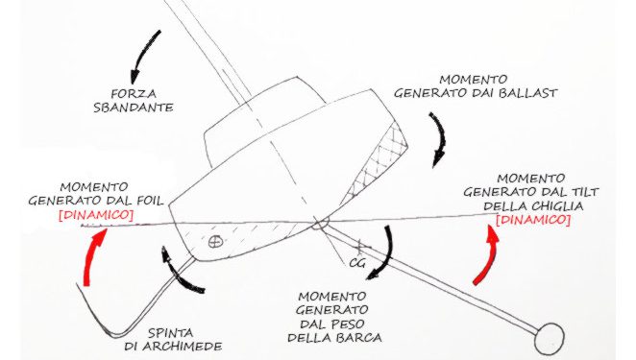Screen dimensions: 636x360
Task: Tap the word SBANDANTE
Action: tap(134, 108)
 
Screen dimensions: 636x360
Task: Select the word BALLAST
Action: tap(527, 93)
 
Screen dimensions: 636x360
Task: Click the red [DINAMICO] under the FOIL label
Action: tap(96, 215)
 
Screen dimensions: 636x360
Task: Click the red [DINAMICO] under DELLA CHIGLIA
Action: tap(533, 220)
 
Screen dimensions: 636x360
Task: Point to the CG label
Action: tap(357, 263)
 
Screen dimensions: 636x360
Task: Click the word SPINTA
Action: tap(170, 333)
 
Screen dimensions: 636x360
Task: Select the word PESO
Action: tap(347, 324)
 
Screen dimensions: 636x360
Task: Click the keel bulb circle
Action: tap(550, 338)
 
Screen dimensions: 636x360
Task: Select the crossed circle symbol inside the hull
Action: tap(215, 242)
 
